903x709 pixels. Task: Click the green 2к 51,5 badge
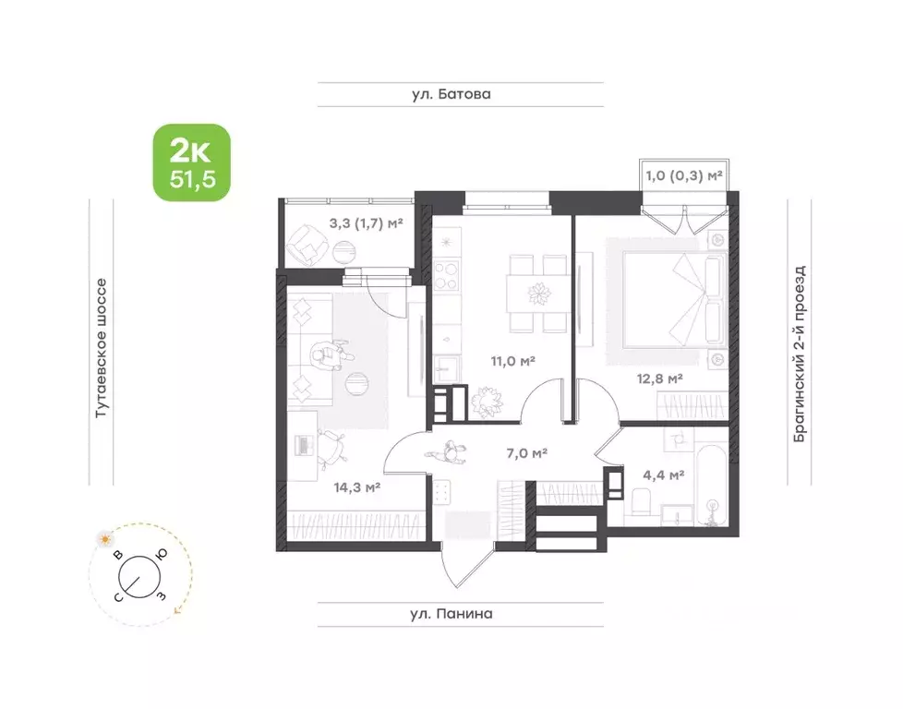tap(191, 162)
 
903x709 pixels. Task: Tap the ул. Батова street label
tap(451, 94)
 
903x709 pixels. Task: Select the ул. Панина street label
tap(451, 613)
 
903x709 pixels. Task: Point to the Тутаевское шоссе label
tap(101, 348)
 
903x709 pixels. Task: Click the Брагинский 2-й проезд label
tap(800, 354)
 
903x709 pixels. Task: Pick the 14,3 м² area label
tap(356, 487)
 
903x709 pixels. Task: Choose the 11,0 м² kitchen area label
tap(513, 361)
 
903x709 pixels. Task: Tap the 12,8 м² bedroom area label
tap(659, 379)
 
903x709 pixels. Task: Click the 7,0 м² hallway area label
tap(526, 453)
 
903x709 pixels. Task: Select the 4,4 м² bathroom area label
tap(664, 475)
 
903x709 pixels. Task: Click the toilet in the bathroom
tap(641, 501)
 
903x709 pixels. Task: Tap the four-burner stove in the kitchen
tap(446, 275)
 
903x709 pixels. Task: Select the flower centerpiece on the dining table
tap(539, 294)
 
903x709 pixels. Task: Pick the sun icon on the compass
tap(105, 539)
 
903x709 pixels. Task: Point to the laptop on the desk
tap(302, 445)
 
